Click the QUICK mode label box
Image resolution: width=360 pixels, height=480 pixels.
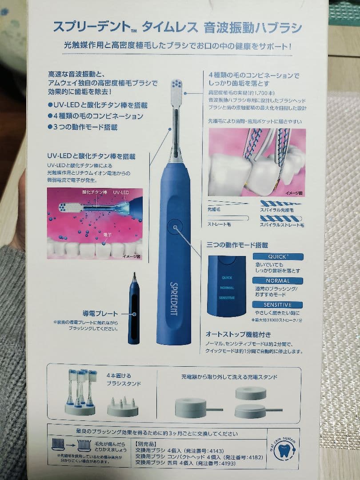(278, 257)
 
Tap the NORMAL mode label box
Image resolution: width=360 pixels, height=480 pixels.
(278, 281)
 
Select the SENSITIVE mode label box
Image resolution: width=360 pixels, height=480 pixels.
(278, 305)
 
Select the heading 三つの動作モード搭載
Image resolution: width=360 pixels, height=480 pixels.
(237, 244)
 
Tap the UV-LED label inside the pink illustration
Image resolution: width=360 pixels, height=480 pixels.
(120, 192)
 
